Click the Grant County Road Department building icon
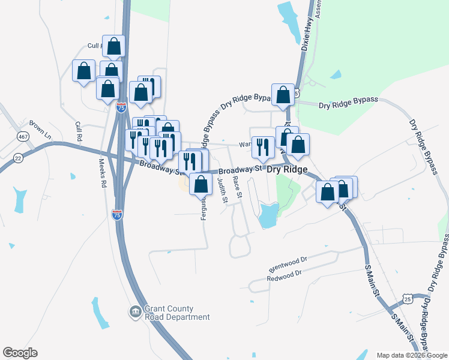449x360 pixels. [135, 312]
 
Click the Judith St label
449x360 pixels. [223, 190]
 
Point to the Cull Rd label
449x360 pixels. [78, 131]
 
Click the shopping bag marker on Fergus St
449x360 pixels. [201, 184]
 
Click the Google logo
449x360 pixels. [20, 353]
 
